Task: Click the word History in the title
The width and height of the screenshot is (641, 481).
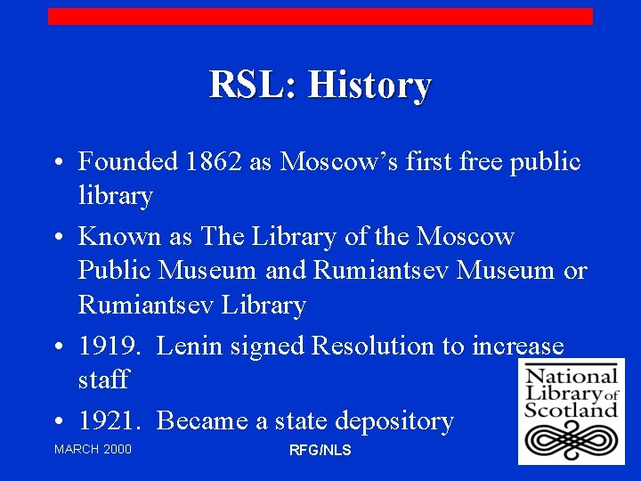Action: pyautogui.click(x=369, y=86)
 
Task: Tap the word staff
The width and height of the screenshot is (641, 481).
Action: pyautogui.click(x=103, y=380)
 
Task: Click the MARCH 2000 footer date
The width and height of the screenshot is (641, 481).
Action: pyautogui.click(x=93, y=449)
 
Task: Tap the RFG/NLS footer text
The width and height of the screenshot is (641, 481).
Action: pyautogui.click(x=320, y=451)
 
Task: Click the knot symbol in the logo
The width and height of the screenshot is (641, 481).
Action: pyautogui.click(x=571, y=440)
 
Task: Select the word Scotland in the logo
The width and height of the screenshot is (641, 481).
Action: pyautogui.click(x=571, y=411)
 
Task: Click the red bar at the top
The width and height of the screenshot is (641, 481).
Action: pyautogui.click(x=320, y=16)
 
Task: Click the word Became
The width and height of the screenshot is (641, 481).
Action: pyautogui.click(x=200, y=420)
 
